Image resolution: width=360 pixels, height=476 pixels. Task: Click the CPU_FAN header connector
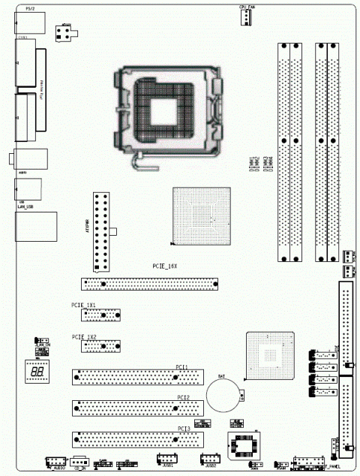coord(245,17)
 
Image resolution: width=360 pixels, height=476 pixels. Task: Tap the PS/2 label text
coord(28,8)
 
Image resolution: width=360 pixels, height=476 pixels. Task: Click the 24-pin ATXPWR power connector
coord(100,232)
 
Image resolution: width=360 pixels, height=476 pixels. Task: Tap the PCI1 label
coord(181,366)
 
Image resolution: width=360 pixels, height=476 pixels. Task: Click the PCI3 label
coord(184,428)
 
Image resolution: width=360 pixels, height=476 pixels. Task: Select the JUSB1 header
coord(166,460)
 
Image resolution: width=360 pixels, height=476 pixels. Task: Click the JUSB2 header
coord(208,460)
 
